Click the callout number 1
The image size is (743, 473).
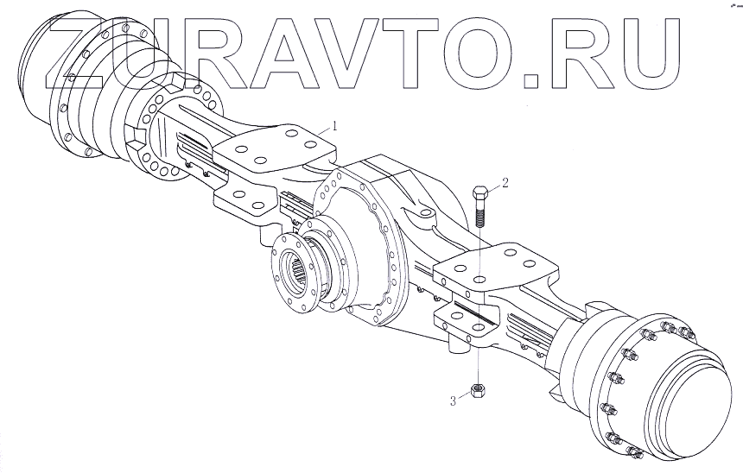335,126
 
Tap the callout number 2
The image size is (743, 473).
505,182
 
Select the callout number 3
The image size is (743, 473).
453,401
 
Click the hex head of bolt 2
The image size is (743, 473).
479,193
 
